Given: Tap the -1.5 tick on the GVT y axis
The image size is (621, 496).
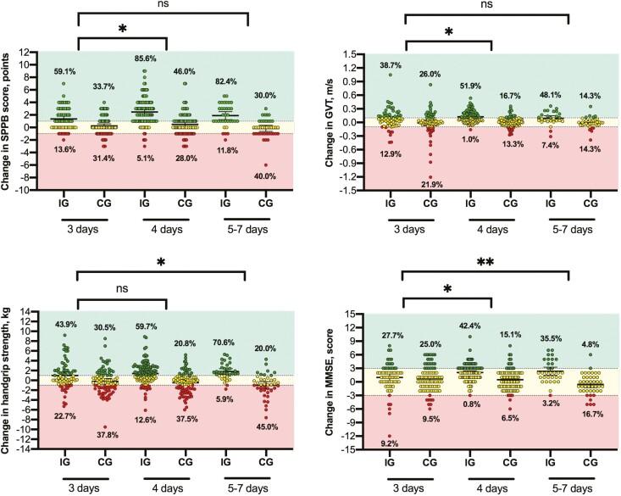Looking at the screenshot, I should tap(346, 191).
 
